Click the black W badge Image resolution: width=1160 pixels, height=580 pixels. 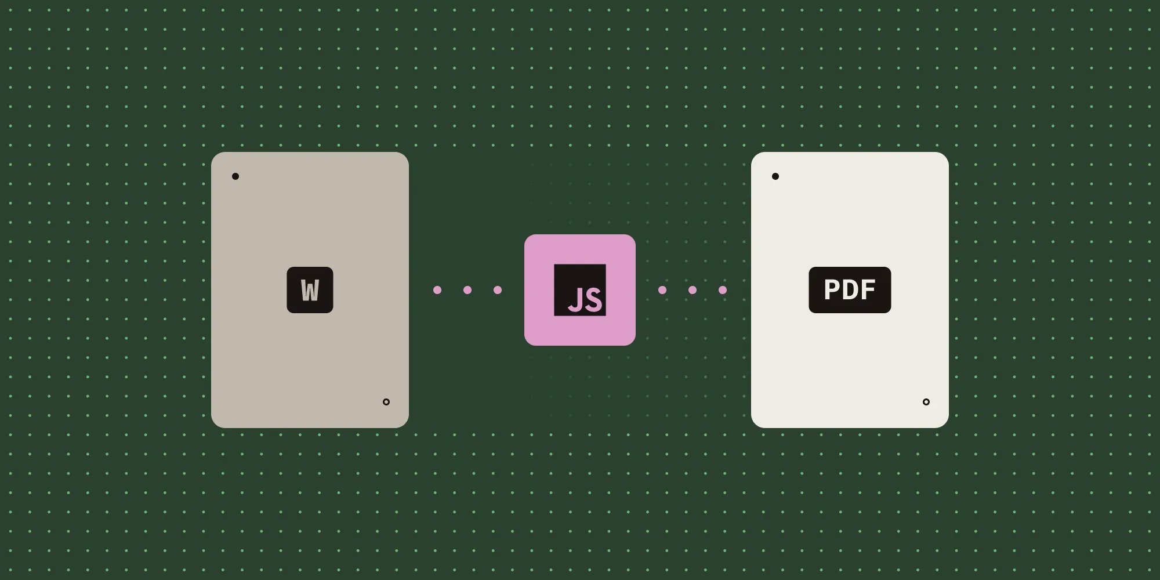tap(310, 289)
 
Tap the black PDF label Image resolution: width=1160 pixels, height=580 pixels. tap(850, 289)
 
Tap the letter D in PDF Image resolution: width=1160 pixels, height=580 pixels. tap(850, 289)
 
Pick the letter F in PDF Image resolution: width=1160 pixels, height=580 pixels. tap(868, 289)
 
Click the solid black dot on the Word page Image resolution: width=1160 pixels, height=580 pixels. tap(235, 176)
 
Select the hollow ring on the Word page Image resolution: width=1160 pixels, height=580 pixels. tap(386, 402)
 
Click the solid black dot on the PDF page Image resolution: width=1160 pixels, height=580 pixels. tap(775, 176)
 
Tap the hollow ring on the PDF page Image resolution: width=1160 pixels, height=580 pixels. tap(926, 402)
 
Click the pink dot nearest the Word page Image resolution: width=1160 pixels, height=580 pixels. tap(437, 290)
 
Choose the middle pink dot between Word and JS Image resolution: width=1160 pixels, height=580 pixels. tap(467, 290)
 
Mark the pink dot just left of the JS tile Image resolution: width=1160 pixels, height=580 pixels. tap(498, 290)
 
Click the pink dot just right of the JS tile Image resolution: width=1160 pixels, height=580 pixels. tap(662, 290)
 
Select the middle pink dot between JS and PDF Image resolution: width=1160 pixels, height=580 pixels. tap(693, 290)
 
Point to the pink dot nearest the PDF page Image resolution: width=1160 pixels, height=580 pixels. tap(723, 290)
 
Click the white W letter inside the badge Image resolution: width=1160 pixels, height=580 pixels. tap(310, 291)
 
